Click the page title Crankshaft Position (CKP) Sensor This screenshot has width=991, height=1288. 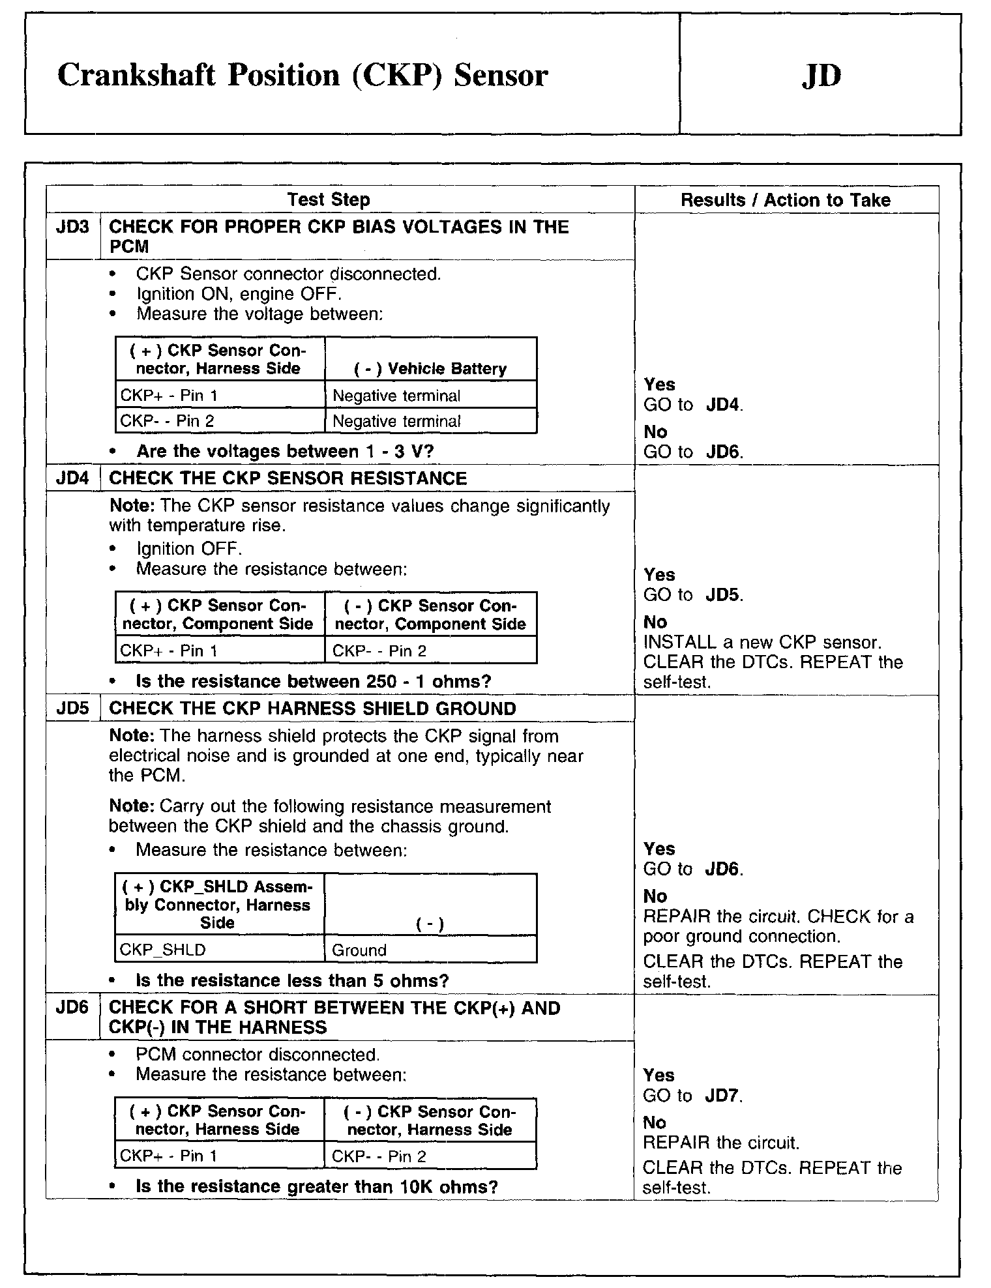pos(303,75)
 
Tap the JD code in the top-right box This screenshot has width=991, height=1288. pos(821,76)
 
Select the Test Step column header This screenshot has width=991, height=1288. pos(329,199)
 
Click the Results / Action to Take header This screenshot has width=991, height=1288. pos(785,199)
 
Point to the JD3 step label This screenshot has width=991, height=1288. pos(72,227)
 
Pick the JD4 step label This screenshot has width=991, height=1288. pos(72,478)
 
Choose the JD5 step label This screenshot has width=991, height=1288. pos(72,709)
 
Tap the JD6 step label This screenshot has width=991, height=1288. pos(72,1008)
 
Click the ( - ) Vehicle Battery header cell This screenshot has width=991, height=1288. pos(430,368)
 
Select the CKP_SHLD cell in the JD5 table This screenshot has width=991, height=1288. pos(162,950)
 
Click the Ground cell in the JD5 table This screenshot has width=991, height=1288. pos(359,950)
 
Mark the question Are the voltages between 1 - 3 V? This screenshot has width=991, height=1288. pos(285,451)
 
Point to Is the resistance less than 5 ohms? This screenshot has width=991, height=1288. pos(292,980)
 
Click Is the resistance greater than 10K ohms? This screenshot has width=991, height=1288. pos(317,1186)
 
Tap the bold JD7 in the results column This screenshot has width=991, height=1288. pos(722,1096)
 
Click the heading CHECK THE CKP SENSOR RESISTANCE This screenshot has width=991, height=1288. pos(288,478)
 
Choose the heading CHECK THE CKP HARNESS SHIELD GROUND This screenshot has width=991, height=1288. pos(312,709)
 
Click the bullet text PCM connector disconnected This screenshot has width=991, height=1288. pos(258,1055)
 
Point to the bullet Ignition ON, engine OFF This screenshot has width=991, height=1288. pos(239,294)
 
